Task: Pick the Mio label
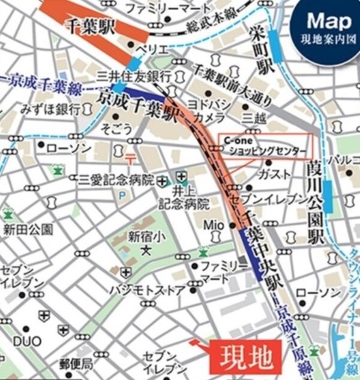click(214, 224)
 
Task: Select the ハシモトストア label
click(147, 289)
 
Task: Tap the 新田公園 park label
click(28, 229)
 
